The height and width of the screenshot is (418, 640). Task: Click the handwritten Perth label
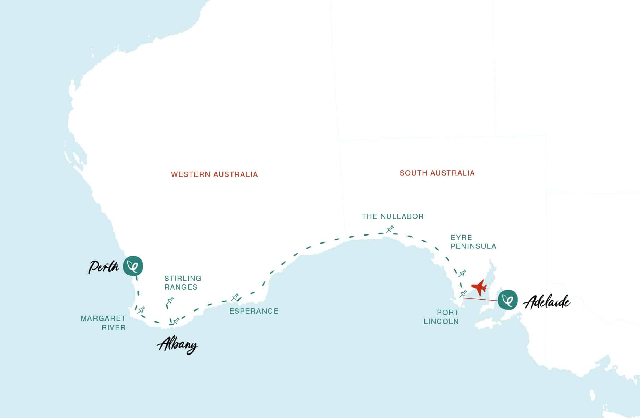point(103,267)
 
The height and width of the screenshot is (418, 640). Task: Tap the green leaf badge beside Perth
point(133,266)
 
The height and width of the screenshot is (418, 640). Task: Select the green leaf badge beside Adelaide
point(508,300)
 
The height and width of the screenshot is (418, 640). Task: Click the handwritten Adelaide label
point(546,302)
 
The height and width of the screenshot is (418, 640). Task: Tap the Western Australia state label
point(214,174)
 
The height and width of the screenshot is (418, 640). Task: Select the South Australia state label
point(437,173)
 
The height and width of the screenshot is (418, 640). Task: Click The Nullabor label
point(393,216)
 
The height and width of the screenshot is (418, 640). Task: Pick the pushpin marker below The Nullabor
point(390,229)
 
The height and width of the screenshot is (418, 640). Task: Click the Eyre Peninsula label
point(473,242)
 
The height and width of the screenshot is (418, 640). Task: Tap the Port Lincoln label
point(441,317)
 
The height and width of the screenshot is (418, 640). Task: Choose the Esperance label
point(254,311)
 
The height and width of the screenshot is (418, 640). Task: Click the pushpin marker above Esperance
point(235,297)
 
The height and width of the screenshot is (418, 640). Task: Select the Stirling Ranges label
point(183,283)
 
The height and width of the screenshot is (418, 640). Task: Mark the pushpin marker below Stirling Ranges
point(170,301)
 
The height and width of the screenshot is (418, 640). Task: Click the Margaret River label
point(103,323)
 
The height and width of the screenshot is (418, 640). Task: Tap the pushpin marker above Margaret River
point(141,310)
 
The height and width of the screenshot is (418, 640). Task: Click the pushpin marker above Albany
point(176,321)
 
